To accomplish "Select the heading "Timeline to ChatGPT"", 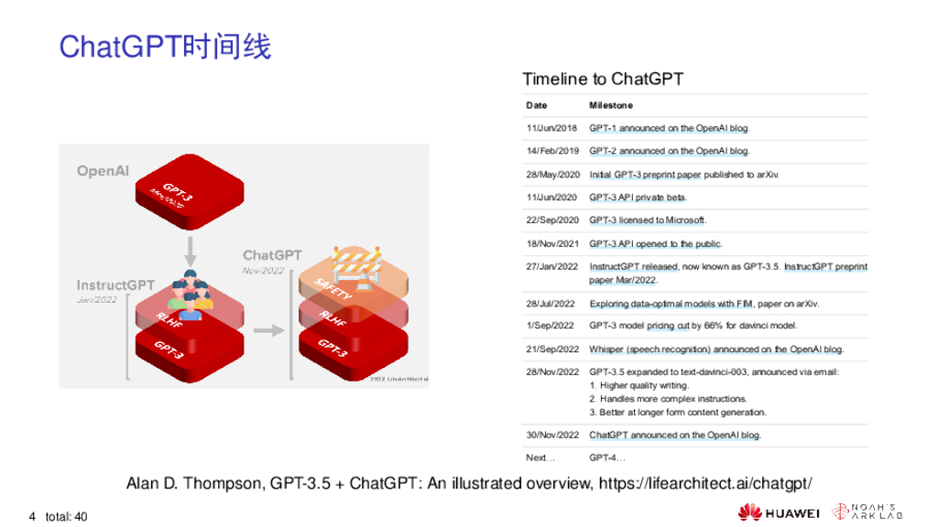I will pos(602,79).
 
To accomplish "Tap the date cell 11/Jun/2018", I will pos(551,128).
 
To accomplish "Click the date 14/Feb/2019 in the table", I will pos(552,151).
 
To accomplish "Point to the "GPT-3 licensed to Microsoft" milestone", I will pos(648,220).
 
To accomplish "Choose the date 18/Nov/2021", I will pos(552,244).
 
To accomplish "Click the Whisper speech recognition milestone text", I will pos(715,350).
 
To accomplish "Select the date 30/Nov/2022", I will pos(552,436).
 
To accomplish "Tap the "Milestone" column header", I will pos(610,105).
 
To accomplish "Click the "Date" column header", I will pos(536,105).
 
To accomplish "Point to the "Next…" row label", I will pos(540,457).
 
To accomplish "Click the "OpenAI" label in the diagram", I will pos(103,171).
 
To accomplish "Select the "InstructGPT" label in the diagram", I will pos(115,285).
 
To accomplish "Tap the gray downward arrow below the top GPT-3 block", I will pos(191,247).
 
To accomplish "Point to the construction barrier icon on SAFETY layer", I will pos(359,268).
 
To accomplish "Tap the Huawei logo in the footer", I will pos(779,512).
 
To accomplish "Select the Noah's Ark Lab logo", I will pos(865,512).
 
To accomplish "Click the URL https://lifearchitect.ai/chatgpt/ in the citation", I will pos(704,483).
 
